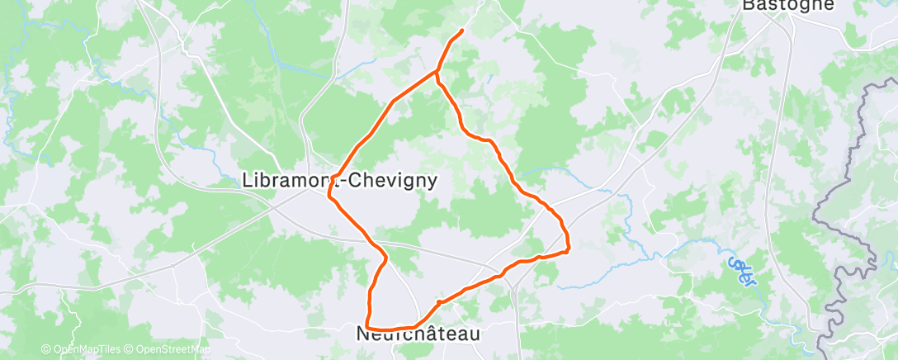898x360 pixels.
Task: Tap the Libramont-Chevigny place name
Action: coord(340,181)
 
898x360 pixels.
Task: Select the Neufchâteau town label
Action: coord(418,334)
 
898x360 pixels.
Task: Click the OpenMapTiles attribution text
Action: coord(79,350)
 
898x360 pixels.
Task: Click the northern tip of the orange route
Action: coord(461,31)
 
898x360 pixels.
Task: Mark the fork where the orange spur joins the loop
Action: coord(436,73)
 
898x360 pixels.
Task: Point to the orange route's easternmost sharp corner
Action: coord(569,250)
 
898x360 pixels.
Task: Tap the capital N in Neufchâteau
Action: coord(363,334)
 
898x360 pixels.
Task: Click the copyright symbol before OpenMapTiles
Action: coord(46,350)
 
